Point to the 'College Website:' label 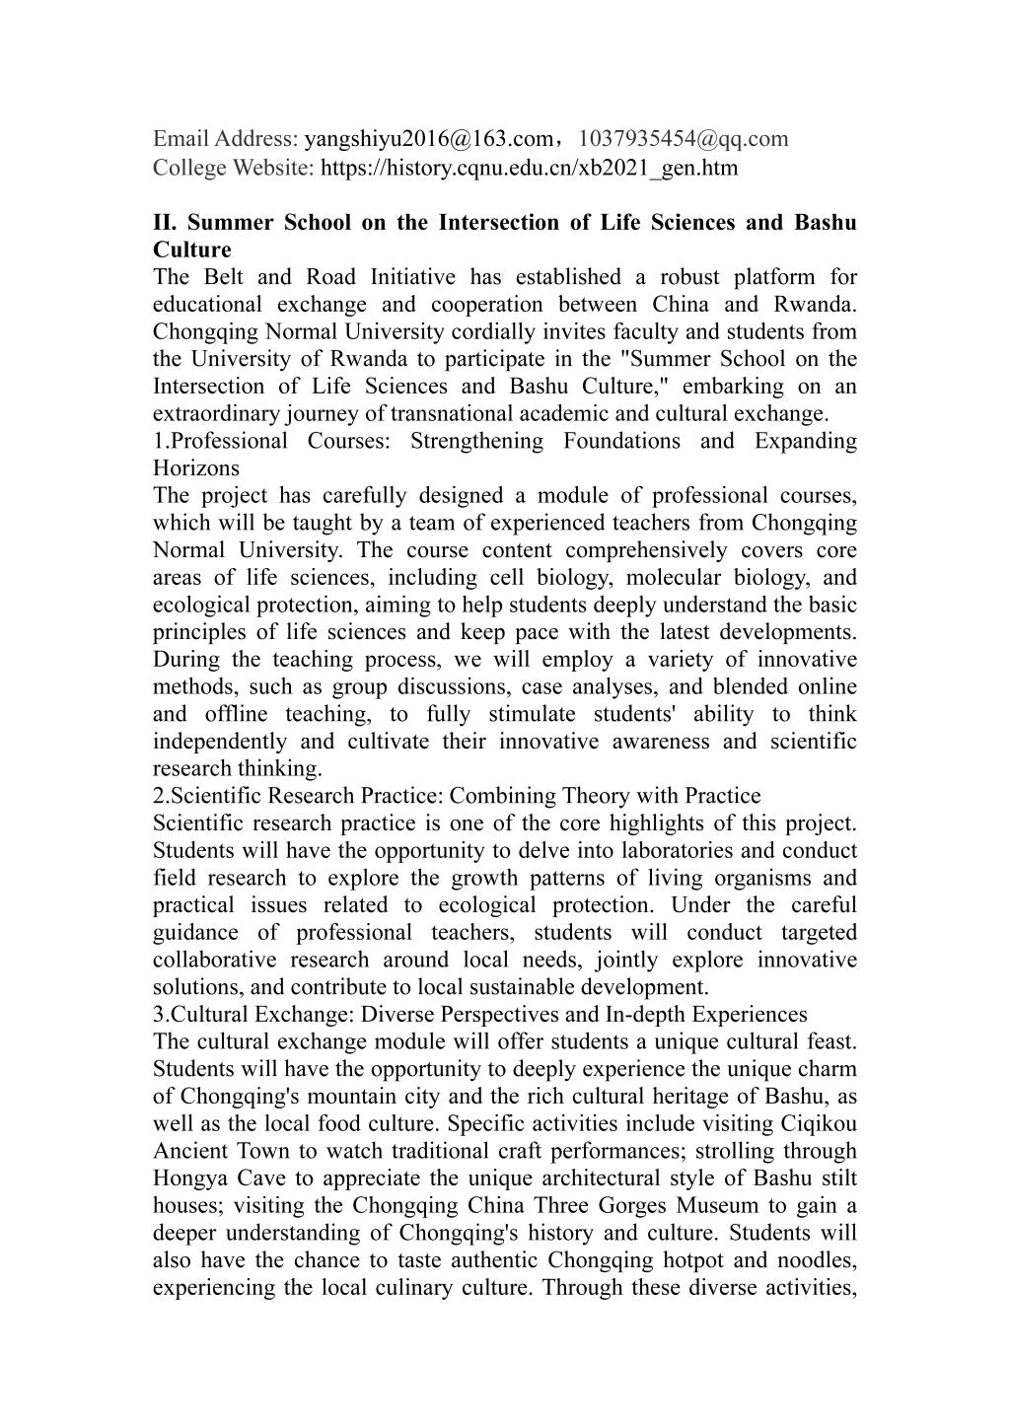coord(233,168)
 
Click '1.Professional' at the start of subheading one coord(220,441)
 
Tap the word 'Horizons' coord(196,467)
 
